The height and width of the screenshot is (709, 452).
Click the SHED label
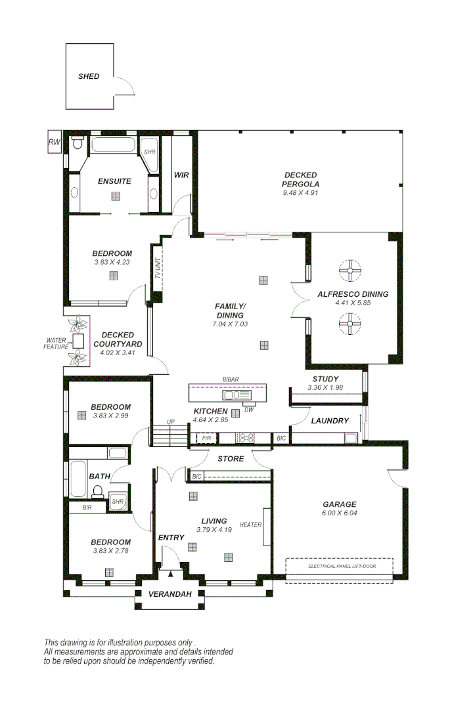point(89,76)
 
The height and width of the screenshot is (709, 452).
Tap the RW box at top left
point(54,142)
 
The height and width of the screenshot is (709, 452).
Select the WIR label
point(181,175)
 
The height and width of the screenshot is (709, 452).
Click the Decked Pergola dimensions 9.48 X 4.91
point(300,193)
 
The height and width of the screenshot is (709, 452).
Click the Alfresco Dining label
point(353,294)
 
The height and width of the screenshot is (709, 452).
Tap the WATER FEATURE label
point(56,343)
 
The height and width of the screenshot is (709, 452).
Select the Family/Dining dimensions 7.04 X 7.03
point(230,324)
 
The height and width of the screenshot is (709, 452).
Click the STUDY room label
point(325,379)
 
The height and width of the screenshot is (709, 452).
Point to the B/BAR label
point(230,379)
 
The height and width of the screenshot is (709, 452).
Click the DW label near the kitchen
point(249,410)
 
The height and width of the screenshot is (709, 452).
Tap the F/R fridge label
point(206,438)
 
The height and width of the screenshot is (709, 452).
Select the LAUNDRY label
point(330,421)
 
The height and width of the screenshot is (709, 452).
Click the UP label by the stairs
point(171,422)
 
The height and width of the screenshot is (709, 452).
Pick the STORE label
point(231,459)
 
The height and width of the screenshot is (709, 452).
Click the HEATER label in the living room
point(250,525)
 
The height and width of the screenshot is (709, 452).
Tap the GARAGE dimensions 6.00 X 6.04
point(339,513)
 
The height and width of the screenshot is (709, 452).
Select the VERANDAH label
point(169,594)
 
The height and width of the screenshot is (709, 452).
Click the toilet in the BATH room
point(98,490)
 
